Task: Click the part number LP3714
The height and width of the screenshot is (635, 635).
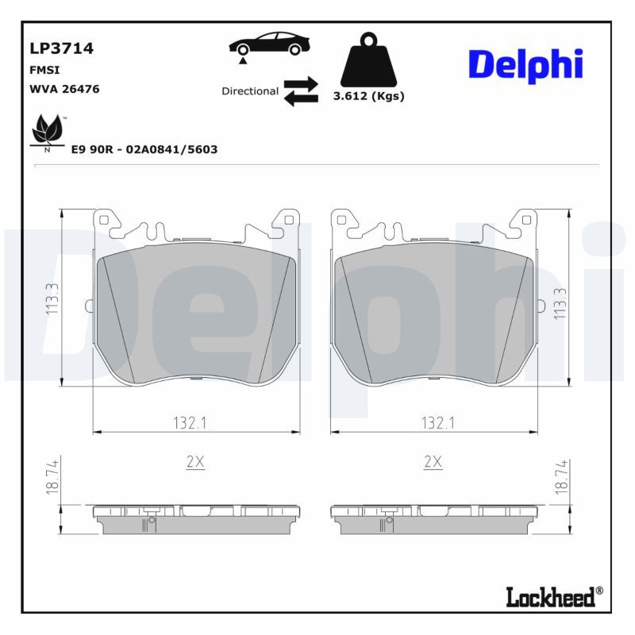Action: pos(61,48)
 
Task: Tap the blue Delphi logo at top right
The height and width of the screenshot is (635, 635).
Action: pos(525,65)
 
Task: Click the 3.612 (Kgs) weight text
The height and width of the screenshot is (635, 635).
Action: pos(368,97)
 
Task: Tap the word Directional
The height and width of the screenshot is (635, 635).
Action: pos(249,91)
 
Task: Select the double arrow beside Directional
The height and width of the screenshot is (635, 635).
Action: pos(301,91)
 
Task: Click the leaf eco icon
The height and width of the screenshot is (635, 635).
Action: pos(47,132)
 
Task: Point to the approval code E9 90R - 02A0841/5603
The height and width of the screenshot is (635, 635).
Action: pos(144,149)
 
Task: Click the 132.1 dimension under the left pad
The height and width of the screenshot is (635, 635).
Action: pos(190,423)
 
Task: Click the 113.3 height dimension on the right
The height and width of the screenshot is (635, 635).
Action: pos(560,302)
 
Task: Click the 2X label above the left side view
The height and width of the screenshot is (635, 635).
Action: pos(194,461)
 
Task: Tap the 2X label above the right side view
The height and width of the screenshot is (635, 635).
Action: pos(433,461)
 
